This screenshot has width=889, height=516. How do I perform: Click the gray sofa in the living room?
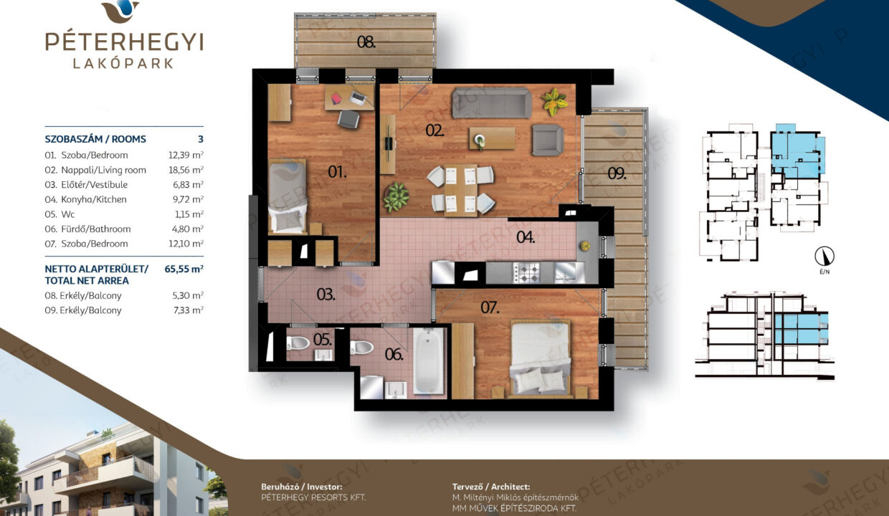click(491, 102)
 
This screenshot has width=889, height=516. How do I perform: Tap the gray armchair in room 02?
click(548, 140)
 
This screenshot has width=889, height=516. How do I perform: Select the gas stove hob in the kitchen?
click(527, 272)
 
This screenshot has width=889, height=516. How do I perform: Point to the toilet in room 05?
click(298, 343)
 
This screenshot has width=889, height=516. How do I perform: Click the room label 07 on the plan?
click(490, 307)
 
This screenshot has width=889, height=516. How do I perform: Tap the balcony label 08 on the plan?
click(366, 42)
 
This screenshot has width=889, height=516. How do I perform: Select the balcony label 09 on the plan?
click(617, 173)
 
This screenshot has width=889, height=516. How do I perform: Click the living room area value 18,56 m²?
click(186, 170)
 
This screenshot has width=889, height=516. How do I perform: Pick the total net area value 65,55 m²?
click(184, 269)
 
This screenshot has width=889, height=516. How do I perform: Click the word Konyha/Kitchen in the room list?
click(94, 199)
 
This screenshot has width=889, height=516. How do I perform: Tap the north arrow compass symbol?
click(824, 257)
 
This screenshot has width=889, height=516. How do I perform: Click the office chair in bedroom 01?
click(349, 119)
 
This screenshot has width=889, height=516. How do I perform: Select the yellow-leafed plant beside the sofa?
click(553, 101)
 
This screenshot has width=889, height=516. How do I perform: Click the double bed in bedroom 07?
click(541, 359)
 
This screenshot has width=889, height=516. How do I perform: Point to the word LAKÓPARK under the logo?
click(123, 64)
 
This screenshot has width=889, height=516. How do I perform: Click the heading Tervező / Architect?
click(491, 487)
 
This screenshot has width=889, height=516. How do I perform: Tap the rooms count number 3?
click(201, 139)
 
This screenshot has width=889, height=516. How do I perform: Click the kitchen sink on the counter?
click(565, 272)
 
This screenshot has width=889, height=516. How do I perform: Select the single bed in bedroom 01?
click(287, 196)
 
